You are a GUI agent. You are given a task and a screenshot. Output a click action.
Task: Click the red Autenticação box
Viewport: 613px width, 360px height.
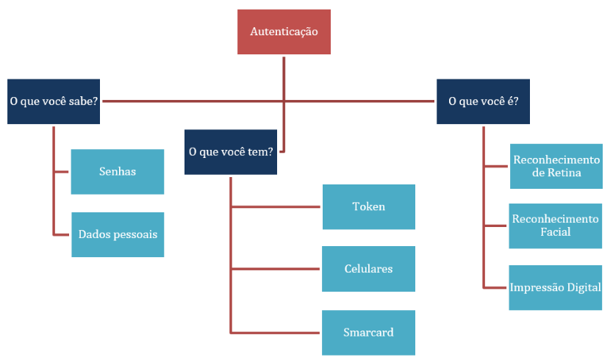click(x=284, y=32)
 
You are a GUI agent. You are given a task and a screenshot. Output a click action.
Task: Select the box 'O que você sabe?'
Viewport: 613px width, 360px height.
click(x=54, y=101)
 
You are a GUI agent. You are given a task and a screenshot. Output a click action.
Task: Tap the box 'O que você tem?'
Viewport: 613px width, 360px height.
click(x=231, y=151)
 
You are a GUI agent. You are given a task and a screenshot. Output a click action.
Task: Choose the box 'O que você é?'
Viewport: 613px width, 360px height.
click(x=483, y=101)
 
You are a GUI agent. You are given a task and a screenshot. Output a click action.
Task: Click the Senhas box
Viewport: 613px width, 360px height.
click(x=118, y=171)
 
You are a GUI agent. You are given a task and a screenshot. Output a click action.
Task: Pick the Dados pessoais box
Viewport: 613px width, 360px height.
click(x=118, y=234)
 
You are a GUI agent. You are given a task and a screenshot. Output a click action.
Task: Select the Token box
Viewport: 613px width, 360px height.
click(x=368, y=206)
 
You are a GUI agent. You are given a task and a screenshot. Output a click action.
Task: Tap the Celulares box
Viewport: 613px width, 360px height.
click(x=368, y=269)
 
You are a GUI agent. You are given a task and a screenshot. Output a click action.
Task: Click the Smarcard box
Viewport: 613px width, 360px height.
click(x=368, y=332)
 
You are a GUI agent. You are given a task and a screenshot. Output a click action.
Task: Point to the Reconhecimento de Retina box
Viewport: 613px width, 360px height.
click(x=556, y=166)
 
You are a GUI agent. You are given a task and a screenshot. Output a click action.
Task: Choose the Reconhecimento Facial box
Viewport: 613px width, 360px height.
click(x=556, y=226)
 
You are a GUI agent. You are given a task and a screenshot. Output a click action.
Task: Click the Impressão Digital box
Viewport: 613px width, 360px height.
click(x=556, y=287)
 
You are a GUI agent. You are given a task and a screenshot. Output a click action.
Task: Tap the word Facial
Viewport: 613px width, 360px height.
click(x=555, y=232)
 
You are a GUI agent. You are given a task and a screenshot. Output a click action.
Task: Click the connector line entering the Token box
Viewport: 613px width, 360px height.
click(x=276, y=207)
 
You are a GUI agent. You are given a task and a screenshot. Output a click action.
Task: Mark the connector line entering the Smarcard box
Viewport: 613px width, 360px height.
click(x=276, y=333)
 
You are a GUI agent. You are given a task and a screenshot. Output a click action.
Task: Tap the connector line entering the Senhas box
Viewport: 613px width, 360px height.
click(x=62, y=172)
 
